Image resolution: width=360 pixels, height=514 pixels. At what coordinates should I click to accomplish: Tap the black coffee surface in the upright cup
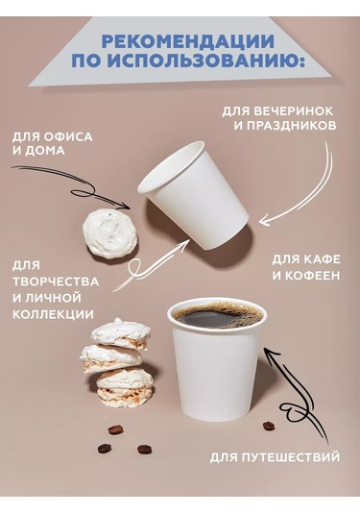(216, 314)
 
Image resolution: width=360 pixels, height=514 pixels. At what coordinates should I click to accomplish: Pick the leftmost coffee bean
(104, 448)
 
